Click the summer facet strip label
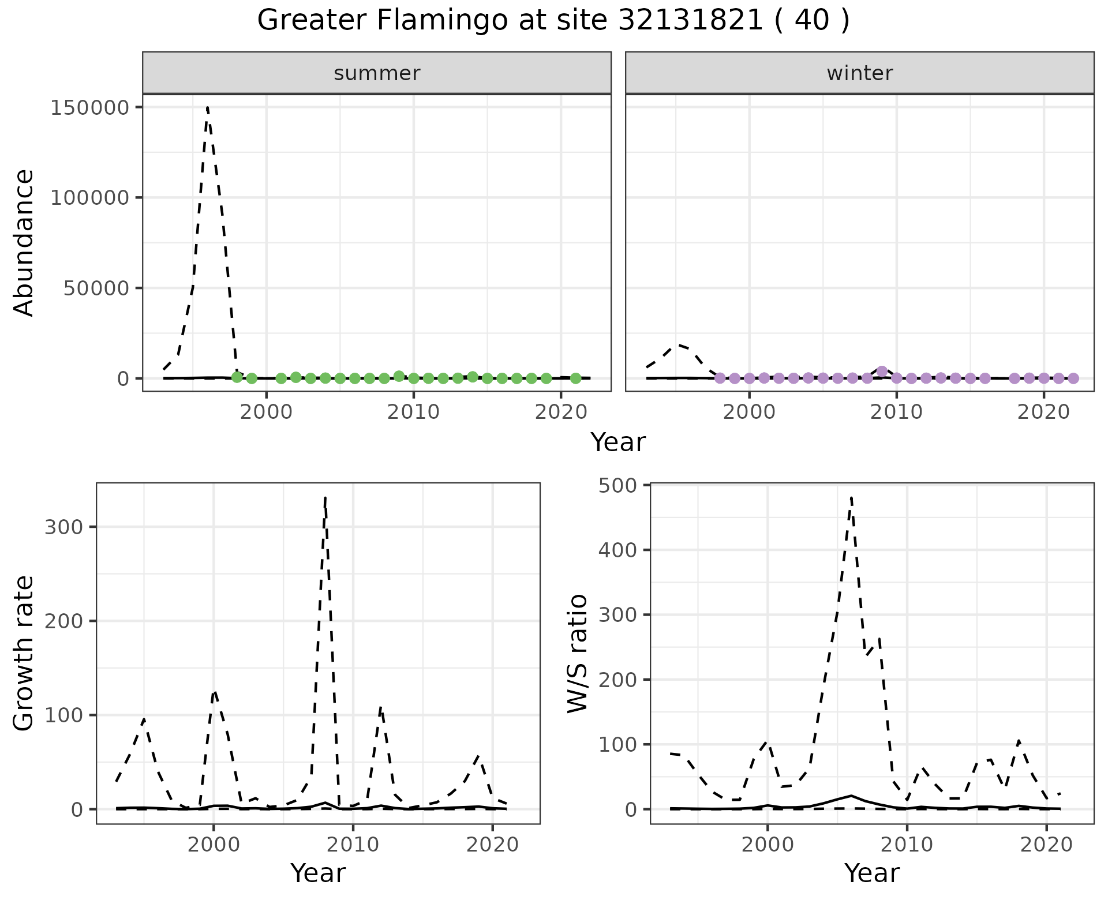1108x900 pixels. pos(377,73)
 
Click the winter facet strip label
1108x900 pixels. pos(859,73)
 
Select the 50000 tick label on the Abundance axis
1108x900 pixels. pos(95,288)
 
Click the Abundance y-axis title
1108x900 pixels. pos(24,242)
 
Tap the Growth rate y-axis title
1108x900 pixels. pos(24,653)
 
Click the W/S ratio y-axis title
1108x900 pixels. pos(577,653)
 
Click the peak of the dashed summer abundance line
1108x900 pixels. pos(207,107)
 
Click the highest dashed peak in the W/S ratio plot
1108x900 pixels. pos(851,497)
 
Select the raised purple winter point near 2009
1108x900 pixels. pos(882,371)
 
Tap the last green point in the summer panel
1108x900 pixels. pos(575,378)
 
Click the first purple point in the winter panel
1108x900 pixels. pos(720,378)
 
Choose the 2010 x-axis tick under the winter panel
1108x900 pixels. pos(896,413)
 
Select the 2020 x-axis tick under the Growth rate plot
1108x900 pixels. pos(492,845)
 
